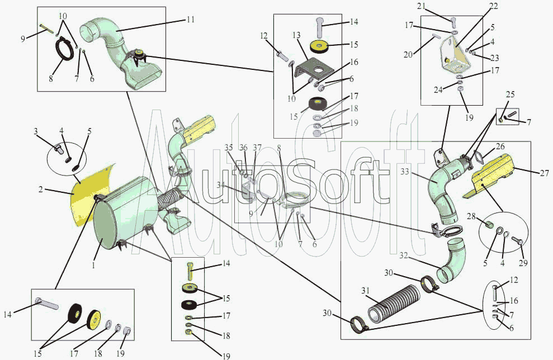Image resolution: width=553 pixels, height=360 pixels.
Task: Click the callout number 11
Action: (x=191, y=19)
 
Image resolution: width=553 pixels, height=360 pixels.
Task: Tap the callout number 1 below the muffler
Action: (x=93, y=266)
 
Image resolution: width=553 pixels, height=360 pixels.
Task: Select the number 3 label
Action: (x=36, y=132)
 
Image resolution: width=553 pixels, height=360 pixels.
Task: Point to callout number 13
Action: (x=296, y=35)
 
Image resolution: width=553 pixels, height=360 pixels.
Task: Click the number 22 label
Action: (x=494, y=6)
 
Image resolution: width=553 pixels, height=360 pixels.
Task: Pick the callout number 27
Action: (x=545, y=173)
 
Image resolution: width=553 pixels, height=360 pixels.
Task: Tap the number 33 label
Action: (x=404, y=172)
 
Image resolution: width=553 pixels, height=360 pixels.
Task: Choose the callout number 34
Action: (x=221, y=185)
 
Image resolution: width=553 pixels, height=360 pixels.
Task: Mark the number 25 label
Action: (x=511, y=94)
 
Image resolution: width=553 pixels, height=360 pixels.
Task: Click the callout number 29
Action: (x=523, y=263)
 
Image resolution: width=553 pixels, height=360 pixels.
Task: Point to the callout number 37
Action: (x=257, y=148)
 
